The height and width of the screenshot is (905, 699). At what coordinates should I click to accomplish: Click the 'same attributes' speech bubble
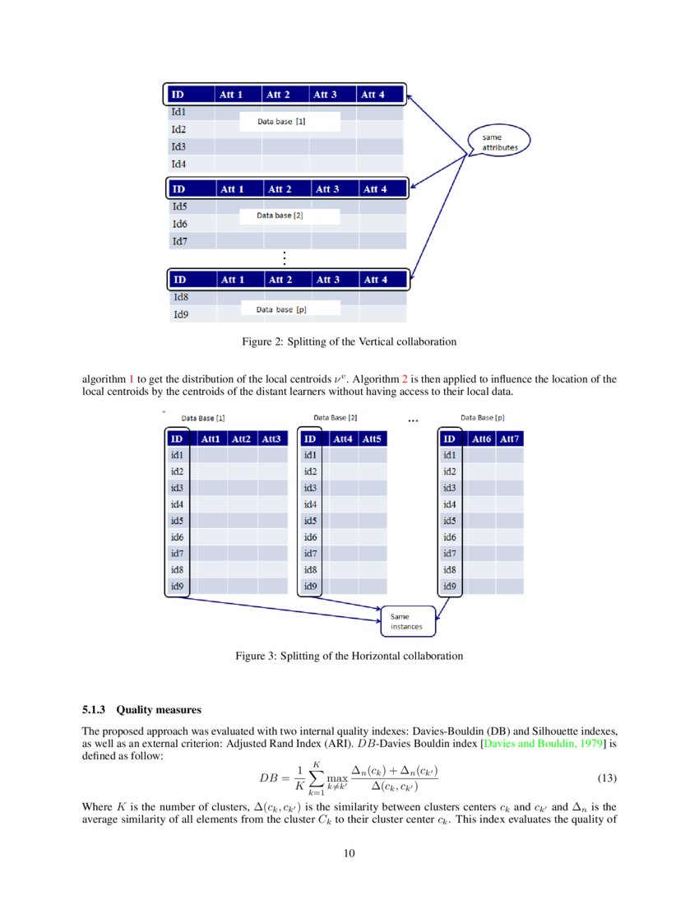499,142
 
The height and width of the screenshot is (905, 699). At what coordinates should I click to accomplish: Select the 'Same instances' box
406,621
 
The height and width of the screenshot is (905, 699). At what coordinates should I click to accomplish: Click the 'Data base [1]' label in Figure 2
282,122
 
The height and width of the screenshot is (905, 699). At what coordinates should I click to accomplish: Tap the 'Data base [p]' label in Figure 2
281,309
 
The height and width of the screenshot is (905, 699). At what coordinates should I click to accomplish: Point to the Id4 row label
178,164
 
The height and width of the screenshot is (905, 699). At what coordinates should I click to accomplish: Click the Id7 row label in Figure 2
178,241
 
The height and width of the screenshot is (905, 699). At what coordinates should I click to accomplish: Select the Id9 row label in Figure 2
179,314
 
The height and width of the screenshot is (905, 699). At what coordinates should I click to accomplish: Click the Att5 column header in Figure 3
371,439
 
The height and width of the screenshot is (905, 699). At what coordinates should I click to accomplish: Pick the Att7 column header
509,439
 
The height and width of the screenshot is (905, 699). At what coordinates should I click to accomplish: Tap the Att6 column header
481,439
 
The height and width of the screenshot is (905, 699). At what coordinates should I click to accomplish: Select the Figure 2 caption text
349,341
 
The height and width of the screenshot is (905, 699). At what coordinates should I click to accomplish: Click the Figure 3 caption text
349,657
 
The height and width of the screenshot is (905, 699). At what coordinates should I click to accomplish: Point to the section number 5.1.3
96,709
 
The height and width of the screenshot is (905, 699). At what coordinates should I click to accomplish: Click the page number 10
349,853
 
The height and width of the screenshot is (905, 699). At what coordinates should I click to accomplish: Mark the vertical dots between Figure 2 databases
283,258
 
